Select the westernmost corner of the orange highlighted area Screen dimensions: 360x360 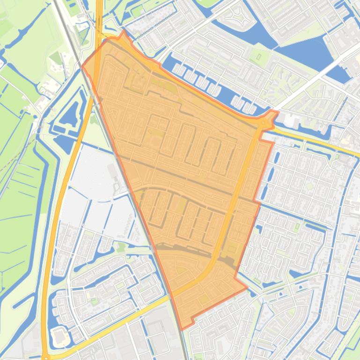[x=82, y=67]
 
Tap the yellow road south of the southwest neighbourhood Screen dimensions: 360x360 [x=117, y=323]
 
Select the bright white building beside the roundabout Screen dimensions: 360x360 [x=290, y=121]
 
